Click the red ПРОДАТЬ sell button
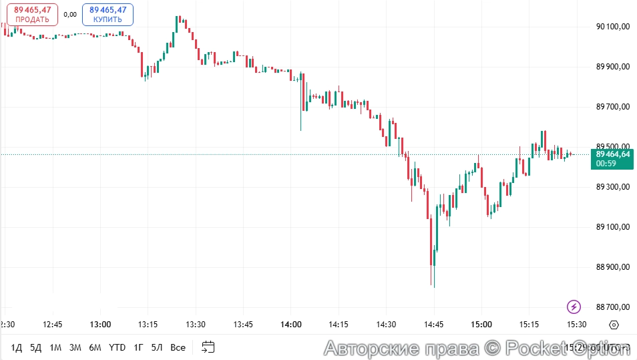coord(33,15)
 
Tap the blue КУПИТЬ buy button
coord(108,15)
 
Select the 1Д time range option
coord(17,347)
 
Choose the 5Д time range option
coord(36,347)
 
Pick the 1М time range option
coord(55,347)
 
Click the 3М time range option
coord(75,347)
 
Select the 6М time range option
coord(95,347)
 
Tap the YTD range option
coord(117,347)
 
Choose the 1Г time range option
coord(138,347)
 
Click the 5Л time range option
coord(157,347)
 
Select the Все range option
coord(178,347)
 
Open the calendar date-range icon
coord(208,347)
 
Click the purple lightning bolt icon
coord(574,307)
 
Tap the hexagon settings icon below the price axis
coord(614,325)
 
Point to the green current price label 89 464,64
coord(612,158)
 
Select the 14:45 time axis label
coord(433,325)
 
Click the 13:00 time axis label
coord(100,325)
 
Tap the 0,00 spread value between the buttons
coord(70,14)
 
